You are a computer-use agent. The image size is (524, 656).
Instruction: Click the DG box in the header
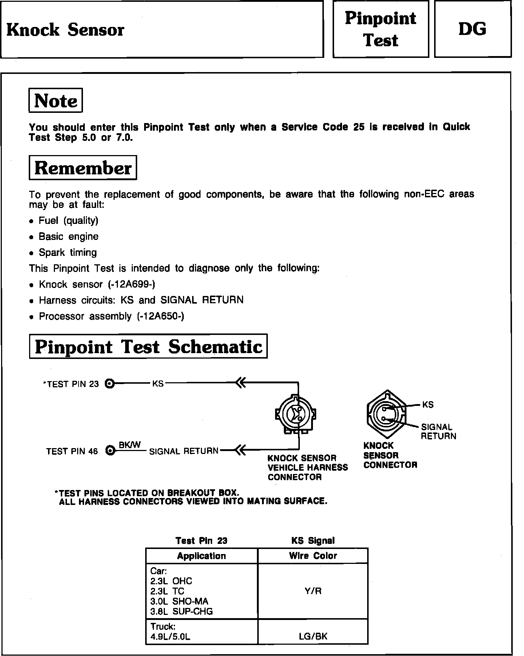click(472, 29)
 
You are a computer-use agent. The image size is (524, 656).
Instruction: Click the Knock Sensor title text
click(65, 30)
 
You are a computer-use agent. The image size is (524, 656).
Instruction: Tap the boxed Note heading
click(56, 100)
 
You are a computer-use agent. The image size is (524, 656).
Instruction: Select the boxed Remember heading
click(83, 168)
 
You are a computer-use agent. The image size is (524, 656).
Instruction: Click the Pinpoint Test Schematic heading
click(148, 346)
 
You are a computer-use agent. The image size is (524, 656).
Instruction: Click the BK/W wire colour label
click(130, 445)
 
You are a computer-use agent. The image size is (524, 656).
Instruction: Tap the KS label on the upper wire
click(158, 384)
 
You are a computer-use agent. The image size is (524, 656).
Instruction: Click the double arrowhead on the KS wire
click(241, 383)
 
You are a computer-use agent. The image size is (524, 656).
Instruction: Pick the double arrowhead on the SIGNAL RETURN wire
click(241, 450)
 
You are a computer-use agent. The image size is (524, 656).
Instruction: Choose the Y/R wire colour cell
click(313, 590)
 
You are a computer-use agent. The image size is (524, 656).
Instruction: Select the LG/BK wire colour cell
click(313, 636)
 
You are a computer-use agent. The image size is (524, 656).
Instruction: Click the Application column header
click(202, 556)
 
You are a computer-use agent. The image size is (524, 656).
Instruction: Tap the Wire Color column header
click(313, 556)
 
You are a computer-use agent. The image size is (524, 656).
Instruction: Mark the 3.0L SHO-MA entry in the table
click(179, 601)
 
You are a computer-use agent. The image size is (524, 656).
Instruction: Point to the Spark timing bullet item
click(68, 253)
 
